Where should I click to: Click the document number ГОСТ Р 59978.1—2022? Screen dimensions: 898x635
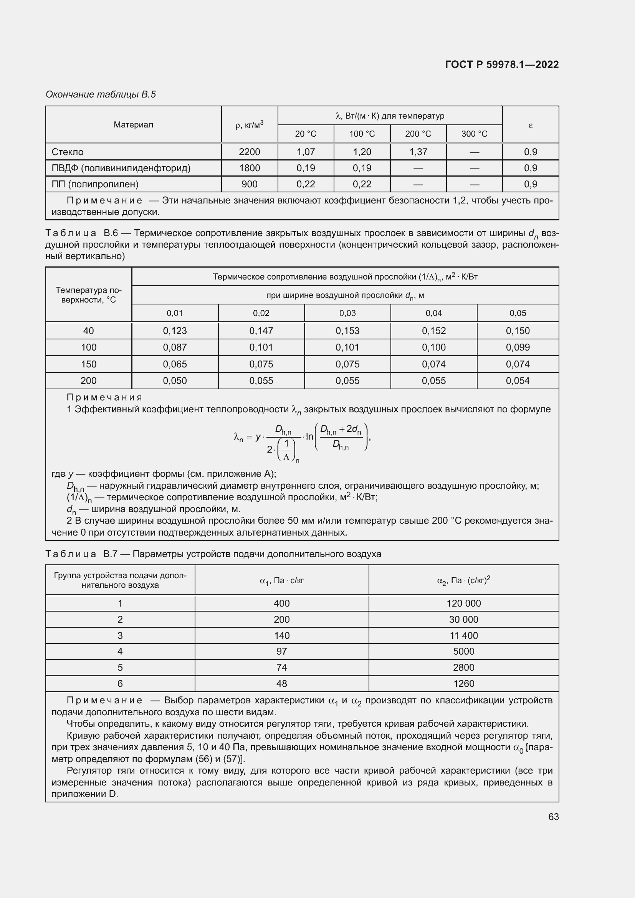pyautogui.click(x=502, y=64)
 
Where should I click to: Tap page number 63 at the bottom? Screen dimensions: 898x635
pyautogui.click(x=553, y=817)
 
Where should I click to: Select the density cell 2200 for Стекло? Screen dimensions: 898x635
pyautogui.click(x=250, y=152)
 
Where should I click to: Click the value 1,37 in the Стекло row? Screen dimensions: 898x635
pyautogui.click(x=418, y=152)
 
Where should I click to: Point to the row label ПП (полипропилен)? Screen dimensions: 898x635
pyautogui.click(x=95, y=184)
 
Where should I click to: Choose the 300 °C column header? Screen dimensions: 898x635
pyautogui.click(x=474, y=134)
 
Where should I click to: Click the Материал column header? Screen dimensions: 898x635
pyautogui.click(x=133, y=125)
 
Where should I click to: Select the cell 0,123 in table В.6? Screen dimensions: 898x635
pyautogui.click(x=175, y=331)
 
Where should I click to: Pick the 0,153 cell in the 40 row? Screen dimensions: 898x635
pyautogui.click(x=347, y=331)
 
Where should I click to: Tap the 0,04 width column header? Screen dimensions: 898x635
pyautogui.click(x=433, y=313)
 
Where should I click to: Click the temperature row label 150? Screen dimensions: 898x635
pyautogui.click(x=88, y=364)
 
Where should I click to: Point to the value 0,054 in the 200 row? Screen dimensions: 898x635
pyautogui.click(x=517, y=380)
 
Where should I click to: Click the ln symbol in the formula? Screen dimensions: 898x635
pyautogui.click(x=309, y=436)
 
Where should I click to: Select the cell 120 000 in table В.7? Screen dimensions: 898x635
pyautogui.click(x=463, y=603)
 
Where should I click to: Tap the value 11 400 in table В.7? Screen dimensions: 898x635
pyautogui.click(x=463, y=635)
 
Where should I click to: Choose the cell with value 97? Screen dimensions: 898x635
pyautogui.click(x=281, y=651)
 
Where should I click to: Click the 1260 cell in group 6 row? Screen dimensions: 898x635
pyautogui.click(x=463, y=684)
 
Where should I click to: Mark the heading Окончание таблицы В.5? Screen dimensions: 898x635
pyautogui.click(x=101, y=94)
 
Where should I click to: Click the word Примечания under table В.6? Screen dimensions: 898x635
pyautogui.click(x=104, y=397)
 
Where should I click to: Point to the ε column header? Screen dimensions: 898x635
pyautogui.click(x=530, y=125)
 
